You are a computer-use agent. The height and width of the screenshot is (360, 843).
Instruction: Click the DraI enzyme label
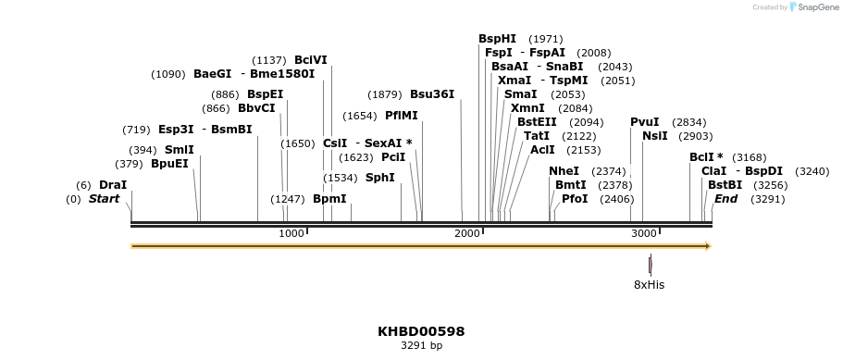click(x=113, y=185)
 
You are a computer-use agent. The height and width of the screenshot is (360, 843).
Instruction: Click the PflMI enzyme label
click(x=401, y=116)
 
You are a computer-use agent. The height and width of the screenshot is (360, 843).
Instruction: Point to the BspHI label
click(x=497, y=39)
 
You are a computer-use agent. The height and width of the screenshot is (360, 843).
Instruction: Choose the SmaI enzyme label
click(x=520, y=94)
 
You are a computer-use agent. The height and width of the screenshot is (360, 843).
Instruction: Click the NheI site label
click(x=564, y=171)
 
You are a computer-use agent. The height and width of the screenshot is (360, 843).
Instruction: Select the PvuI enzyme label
click(x=645, y=122)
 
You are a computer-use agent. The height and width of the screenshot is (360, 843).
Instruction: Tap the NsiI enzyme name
click(x=654, y=136)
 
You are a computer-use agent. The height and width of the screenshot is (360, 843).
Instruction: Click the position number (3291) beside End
click(x=767, y=199)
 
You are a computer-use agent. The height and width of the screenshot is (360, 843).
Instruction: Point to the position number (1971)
click(x=545, y=39)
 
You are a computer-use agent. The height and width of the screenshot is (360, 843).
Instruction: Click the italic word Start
click(x=105, y=199)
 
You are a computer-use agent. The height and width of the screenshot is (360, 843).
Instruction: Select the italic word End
click(x=726, y=199)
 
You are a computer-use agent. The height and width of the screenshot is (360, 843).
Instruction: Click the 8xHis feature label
click(x=649, y=284)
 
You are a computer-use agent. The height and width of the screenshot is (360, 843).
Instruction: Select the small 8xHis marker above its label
click(x=651, y=263)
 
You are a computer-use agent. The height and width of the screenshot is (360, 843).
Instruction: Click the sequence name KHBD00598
click(x=421, y=331)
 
